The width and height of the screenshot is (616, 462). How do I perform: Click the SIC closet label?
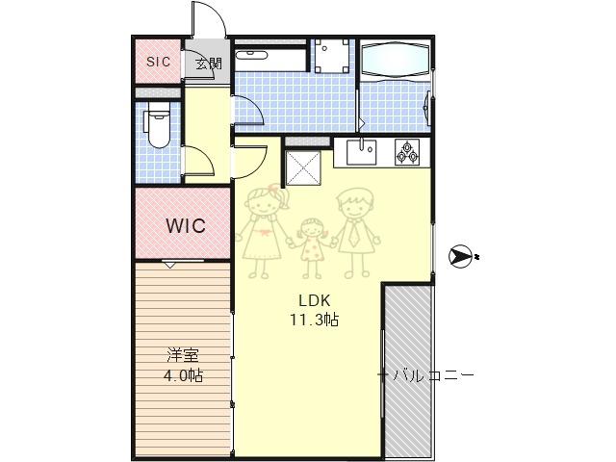coord(158,62)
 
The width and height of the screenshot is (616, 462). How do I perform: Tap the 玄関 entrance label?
coord(209,64)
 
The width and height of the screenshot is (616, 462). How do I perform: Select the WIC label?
coord(186,225)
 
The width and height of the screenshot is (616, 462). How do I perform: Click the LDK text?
coord(315,300)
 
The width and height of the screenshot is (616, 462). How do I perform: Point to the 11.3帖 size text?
coord(315,320)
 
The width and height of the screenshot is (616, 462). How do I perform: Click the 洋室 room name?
coord(183,355)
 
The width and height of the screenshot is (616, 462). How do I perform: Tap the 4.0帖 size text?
coord(183,376)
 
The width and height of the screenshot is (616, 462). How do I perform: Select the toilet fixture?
coord(157,125)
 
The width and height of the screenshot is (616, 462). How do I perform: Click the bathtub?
coord(395,60)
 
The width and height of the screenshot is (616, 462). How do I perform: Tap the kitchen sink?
coord(361,152)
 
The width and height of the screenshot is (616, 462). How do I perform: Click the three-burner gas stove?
coord(407,152)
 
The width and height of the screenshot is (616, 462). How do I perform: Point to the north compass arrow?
coord(460,257)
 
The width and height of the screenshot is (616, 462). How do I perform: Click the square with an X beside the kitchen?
coord(303,167)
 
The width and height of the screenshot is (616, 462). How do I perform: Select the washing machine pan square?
coord(332,56)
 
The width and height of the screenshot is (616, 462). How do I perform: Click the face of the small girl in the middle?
coord(312,230)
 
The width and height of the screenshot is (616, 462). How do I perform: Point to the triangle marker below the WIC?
coord(169,266)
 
